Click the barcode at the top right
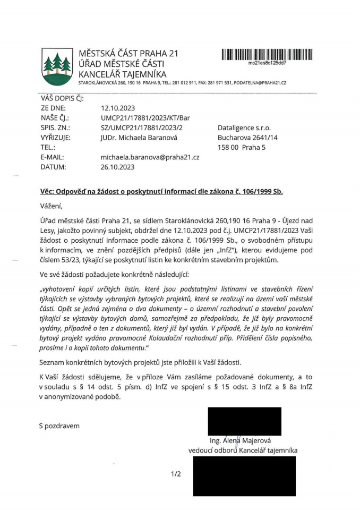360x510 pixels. coord(267,54)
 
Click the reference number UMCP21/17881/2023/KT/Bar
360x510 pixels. coord(145,117)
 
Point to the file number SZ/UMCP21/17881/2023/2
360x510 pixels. coord(141,127)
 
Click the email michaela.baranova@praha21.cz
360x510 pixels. coord(150,157)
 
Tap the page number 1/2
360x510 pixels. coord(176,474)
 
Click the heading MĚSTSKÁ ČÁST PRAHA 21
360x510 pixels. coord(128,54)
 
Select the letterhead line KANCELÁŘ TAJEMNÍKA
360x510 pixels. coord(122,74)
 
